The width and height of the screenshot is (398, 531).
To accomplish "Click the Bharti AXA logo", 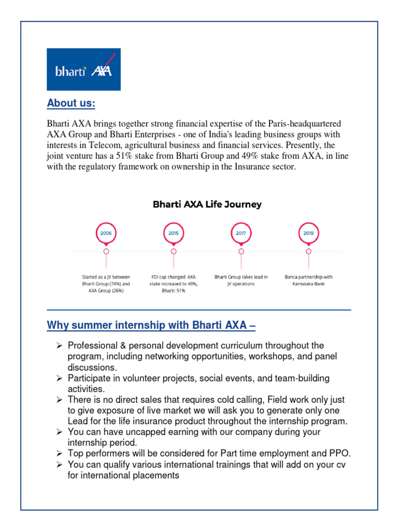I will point(83,69).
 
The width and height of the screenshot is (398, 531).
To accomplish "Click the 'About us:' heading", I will point(71,103).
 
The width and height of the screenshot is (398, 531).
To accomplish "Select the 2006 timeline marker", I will point(106,233).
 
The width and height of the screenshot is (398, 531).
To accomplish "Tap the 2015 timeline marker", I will point(173,233).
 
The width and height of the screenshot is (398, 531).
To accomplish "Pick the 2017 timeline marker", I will point(241,233).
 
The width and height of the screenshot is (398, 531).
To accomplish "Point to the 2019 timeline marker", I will point(308,233).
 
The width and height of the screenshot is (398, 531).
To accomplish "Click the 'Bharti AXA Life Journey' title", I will point(207,204).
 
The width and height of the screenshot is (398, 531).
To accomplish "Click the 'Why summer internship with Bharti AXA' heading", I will point(151,326).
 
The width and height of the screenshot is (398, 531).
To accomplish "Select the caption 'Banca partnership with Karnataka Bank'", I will point(308,281).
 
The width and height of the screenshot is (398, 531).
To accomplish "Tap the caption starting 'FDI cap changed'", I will point(173,284).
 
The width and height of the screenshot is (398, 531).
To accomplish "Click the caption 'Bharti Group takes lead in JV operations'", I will point(241,281).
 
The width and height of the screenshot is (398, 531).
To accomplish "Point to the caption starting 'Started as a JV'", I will point(106,284).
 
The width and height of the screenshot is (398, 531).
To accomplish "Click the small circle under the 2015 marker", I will point(173,251).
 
